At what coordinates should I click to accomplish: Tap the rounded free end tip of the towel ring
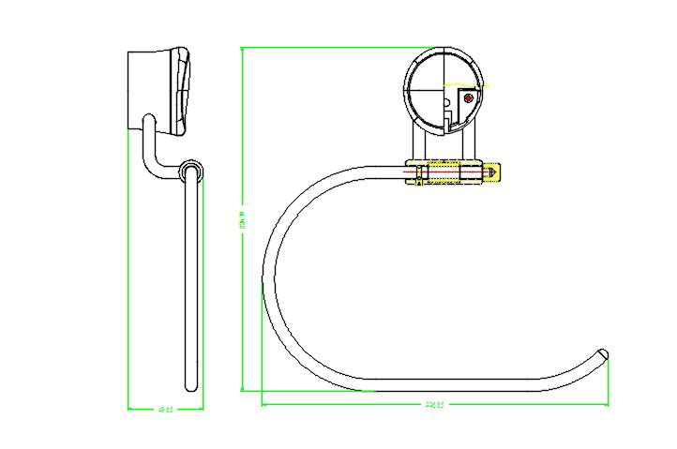tap(605, 354)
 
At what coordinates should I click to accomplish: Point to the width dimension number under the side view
tap(165, 409)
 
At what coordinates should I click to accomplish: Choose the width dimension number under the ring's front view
tap(434, 405)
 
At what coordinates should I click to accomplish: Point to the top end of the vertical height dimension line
tap(242, 48)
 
